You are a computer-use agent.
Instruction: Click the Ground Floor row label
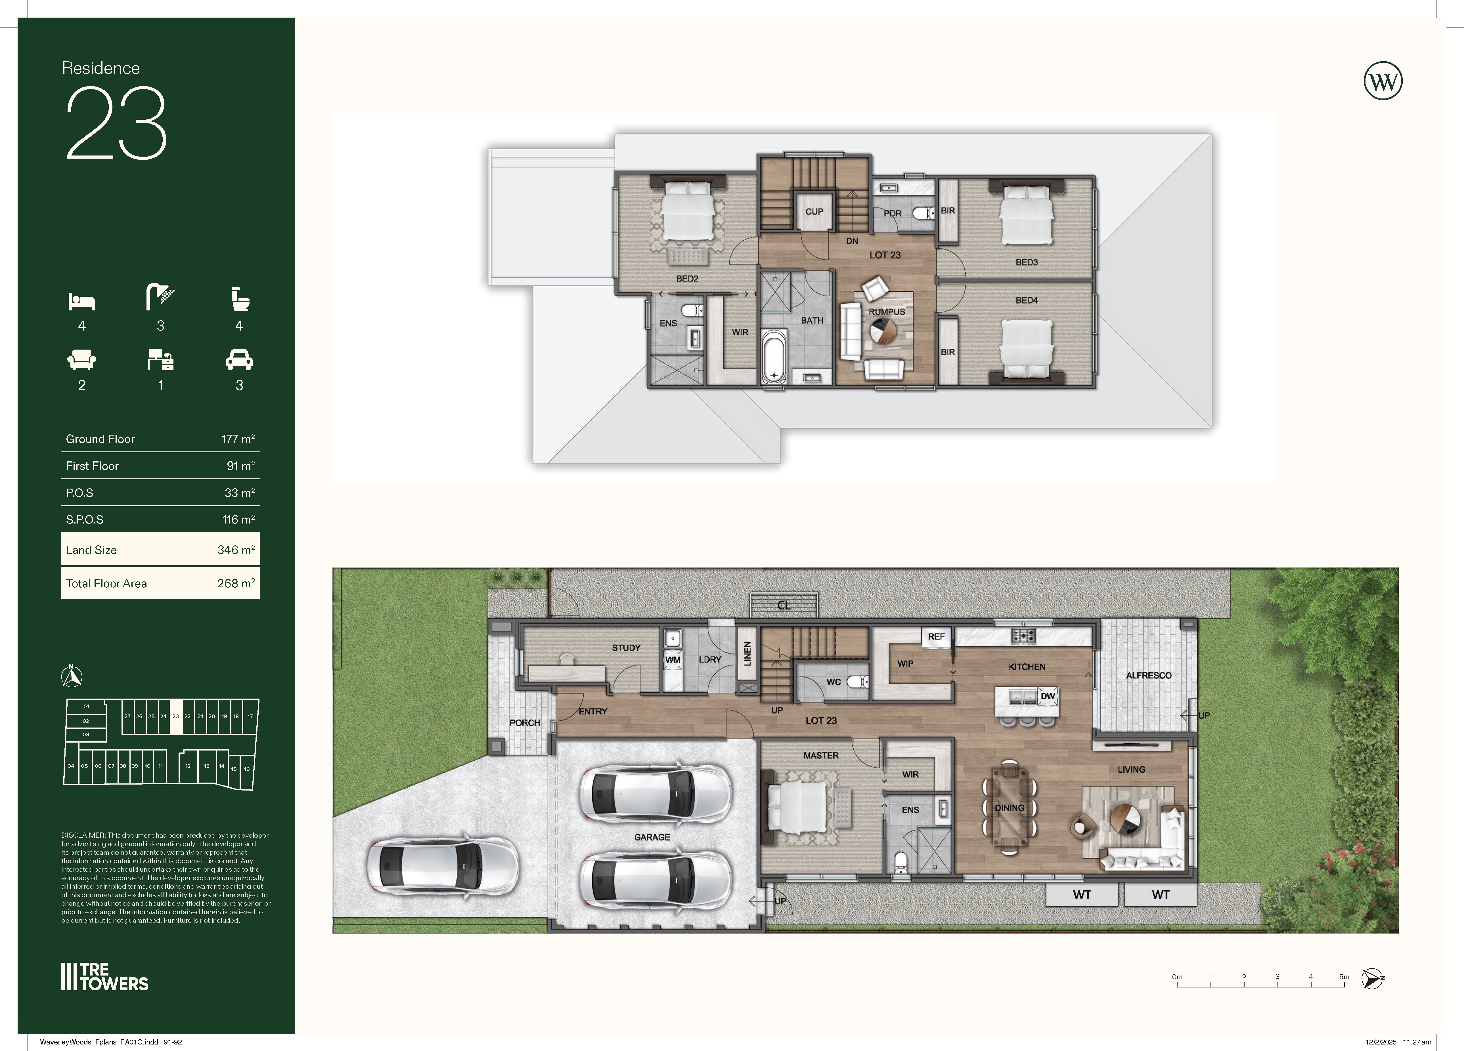pos(100,439)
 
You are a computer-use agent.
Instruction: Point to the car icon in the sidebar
pos(240,360)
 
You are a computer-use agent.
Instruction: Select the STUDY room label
pos(626,648)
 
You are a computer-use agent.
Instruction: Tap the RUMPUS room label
pos(887,312)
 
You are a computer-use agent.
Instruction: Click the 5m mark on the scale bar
pos(1344,977)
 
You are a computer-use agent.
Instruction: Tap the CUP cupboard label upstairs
pos(814,212)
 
